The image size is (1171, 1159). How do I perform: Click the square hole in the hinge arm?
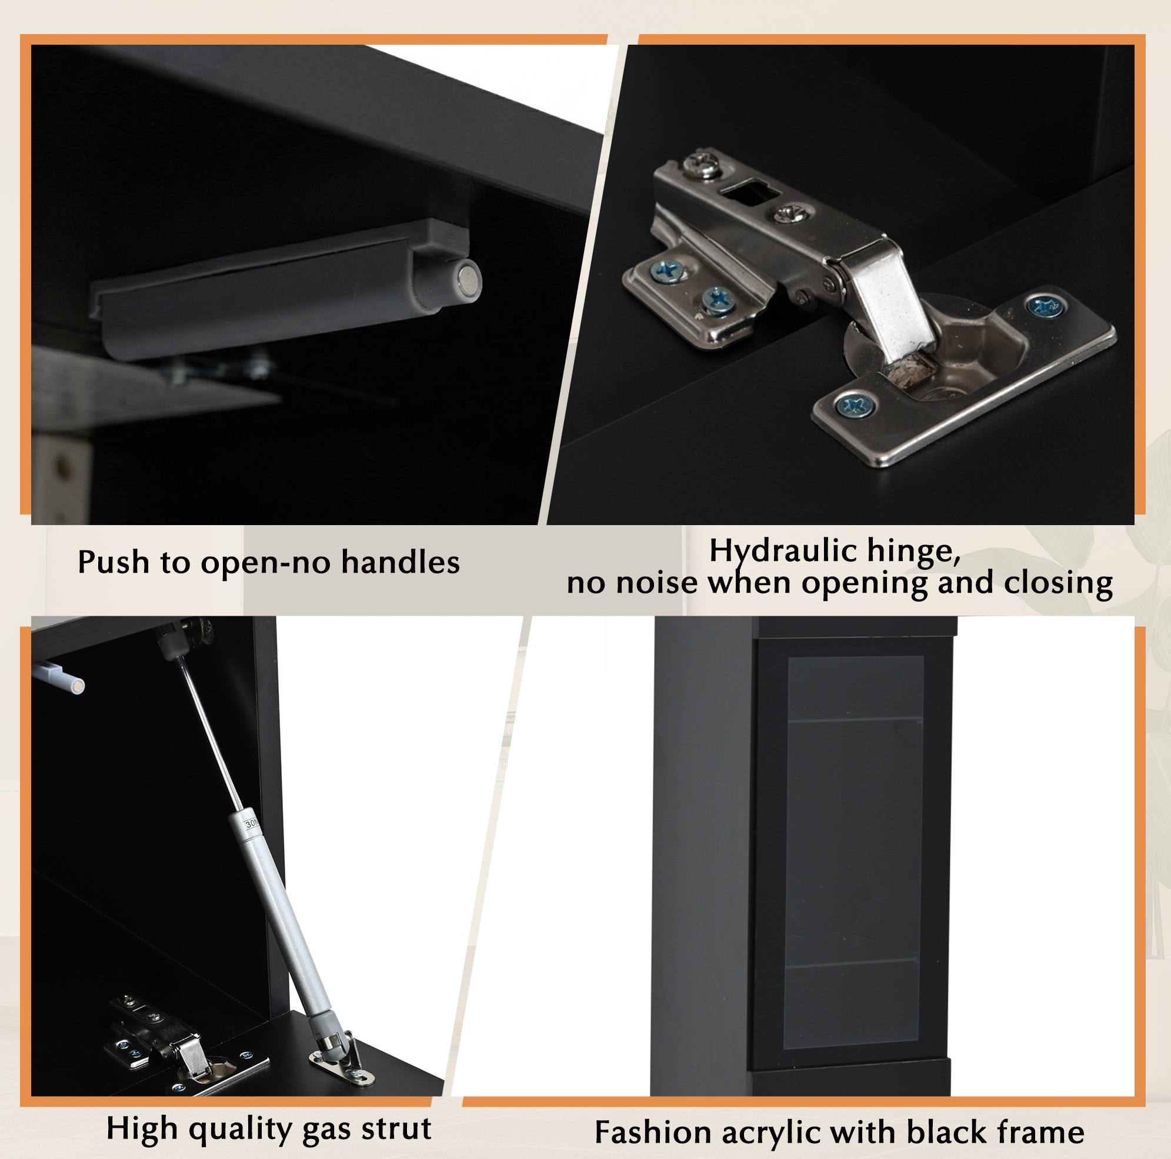749,194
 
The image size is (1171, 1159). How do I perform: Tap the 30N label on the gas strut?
252,823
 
